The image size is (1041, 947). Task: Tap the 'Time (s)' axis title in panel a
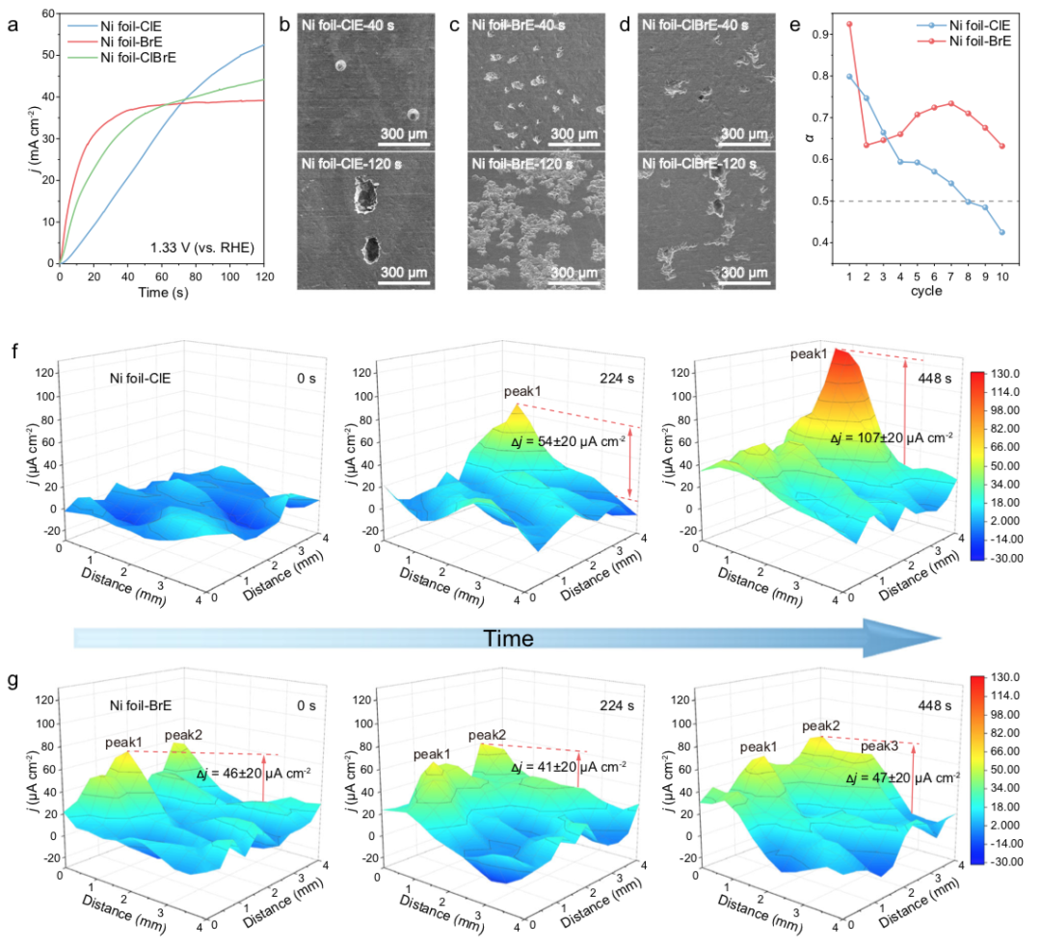click(x=161, y=291)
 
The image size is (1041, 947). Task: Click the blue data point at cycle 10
click(x=1003, y=232)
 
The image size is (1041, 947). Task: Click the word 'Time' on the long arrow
click(x=507, y=639)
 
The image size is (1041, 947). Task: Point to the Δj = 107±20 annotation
click(x=892, y=436)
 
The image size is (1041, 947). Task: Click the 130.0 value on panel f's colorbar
click(x=1008, y=373)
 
